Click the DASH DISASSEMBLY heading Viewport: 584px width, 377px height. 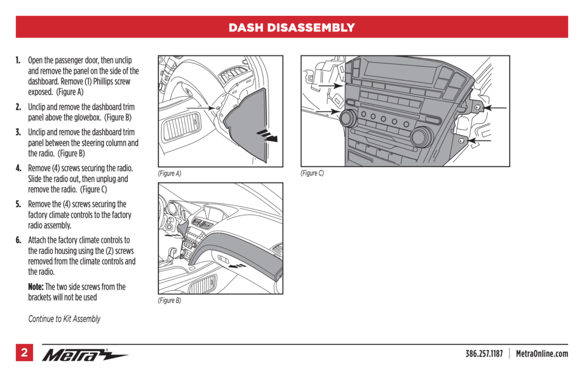[x=291, y=27]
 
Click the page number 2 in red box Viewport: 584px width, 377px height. [x=24, y=353]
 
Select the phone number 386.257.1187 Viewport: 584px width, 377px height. [x=484, y=354]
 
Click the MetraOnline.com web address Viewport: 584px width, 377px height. [x=542, y=354]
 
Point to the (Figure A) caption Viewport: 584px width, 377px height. [x=169, y=173]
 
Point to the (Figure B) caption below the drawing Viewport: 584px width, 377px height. [x=169, y=301]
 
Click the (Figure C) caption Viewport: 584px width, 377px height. [x=313, y=173]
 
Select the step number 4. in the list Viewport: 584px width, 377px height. [x=19, y=168]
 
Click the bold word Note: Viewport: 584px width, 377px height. [x=36, y=287]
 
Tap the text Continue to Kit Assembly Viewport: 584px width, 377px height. [x=64, y=319]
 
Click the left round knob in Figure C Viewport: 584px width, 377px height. [x=347, y=119]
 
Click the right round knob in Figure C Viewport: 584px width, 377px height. [x=421, y=136]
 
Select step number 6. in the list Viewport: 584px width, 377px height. [x=19, y=240]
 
